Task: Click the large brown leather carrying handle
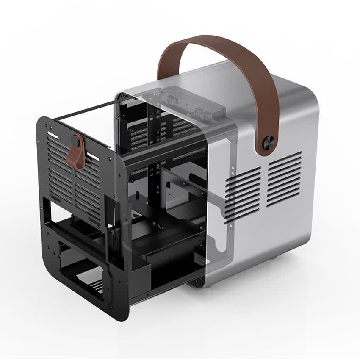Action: pyautogui.click(x=220, y=47)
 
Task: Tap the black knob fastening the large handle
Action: pyautogui.click(x=269, y=143)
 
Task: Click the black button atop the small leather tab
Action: pyautogui.click(x=76, y=140)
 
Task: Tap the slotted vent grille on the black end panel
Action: pyautogui.click(x=74, y=178)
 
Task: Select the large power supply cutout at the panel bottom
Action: pyautogui.click(x=83, y=271)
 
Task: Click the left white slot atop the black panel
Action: pyautogui.click(x=54, y=135)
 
